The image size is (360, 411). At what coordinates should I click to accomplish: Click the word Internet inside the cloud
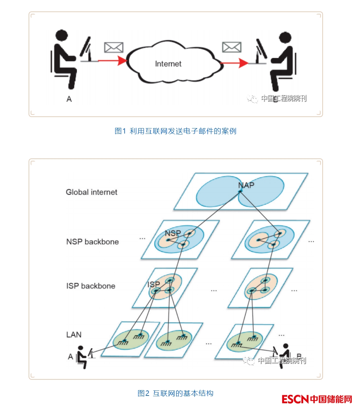tap(168, 64)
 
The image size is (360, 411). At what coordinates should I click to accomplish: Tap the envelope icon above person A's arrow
tap(113, 47)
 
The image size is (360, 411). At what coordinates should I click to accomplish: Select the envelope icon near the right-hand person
tap(231, 47)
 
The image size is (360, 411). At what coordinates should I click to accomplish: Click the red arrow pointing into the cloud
tap(113, 61)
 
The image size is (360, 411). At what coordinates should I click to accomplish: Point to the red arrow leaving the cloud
tap(235, 63)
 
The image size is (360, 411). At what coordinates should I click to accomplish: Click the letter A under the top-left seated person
tap(69, 99)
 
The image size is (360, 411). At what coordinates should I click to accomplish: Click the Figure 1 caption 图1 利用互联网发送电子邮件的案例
tap(175, 131)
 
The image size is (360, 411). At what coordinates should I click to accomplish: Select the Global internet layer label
tap(92, 192)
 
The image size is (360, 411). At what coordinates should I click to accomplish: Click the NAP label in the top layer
tap(246, 185)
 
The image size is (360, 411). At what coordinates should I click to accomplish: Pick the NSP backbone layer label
tap(93, 241)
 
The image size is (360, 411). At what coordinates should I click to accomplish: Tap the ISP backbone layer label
tap(91, 286)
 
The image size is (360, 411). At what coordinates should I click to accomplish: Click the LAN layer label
tap(74, 335)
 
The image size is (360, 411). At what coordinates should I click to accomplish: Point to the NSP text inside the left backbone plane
tap(173, 233)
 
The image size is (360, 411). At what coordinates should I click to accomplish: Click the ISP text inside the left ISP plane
tap(153, 284)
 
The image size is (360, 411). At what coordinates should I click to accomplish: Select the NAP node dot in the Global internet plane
tap(240, 191)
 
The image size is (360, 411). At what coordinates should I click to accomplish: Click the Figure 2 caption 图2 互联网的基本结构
tap(175, 393)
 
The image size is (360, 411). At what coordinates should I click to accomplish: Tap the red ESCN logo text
tap(295, 399)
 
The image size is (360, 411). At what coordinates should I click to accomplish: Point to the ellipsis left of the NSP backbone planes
tap(142, 238)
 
